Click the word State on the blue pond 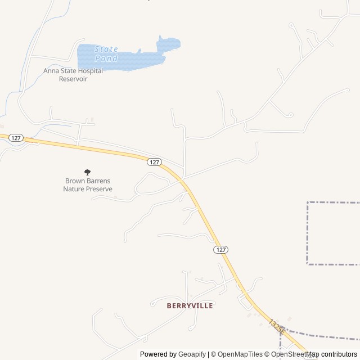pos(106,49)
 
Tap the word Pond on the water pos(106,58)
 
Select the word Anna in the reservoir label pos(51,71)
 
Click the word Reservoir pos(73,79)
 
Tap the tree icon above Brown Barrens pos(87,172)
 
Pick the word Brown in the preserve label pos(75,181)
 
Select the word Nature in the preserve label pos(74,189)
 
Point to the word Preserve pos(99,189)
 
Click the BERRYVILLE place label pos(190,306)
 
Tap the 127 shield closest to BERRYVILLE pos(221,249)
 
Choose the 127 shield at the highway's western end pos(16,138)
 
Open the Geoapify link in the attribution pos(192,354)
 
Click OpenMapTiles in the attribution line pos(240,354)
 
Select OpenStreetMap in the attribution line pos(295,354)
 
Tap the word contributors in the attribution pos(339,354)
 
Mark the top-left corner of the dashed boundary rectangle pos(308,202)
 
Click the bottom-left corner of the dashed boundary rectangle pos(308,263)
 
